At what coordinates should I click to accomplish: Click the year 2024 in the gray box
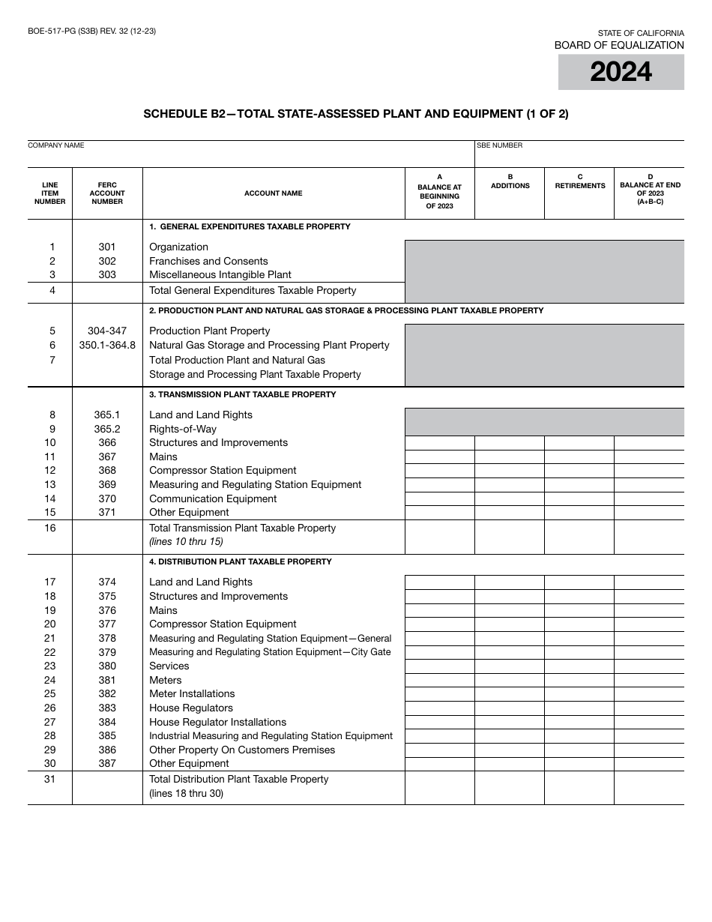coord(621,72)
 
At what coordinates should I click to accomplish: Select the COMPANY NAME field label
coord(56,145)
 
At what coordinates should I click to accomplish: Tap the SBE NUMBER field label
coord(500,145)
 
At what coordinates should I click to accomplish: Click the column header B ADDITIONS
coord(510,181)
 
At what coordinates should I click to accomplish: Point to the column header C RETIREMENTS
coord(579,181)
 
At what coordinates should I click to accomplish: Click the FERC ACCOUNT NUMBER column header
coord(107,193)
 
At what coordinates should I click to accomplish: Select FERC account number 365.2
coord(107,429)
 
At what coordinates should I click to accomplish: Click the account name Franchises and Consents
coord(208,261)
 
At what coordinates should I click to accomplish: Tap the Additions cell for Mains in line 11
coord(510,457)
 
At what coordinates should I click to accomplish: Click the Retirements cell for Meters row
coord(579,680)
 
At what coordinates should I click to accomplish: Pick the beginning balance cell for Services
coord(440,666)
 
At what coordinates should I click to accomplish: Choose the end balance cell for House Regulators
coord(649,708)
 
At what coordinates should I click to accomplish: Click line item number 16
coord(50,528)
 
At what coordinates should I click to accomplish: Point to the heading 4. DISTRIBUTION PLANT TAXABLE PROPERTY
coord(240,561)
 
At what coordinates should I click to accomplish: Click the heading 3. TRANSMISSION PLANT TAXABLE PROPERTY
coord(242,394)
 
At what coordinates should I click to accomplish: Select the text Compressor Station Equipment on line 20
coord(223,624)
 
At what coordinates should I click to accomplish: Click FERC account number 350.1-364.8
coord(107,345)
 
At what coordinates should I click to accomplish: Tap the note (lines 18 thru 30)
coord(186,793)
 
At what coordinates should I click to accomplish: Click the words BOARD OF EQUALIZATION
coord(619,45)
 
